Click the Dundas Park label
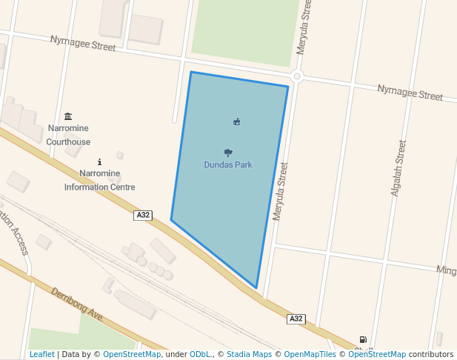coord(228,164)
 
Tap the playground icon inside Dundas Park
coord(236,121)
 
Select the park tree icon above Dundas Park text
coord(228,153)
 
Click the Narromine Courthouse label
coord(68,135)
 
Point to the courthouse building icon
coord(68,116)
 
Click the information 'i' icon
coord(99,161)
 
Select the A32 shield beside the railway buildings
coord(143,215)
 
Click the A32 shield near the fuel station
coord(296,319)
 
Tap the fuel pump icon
coord(363,339)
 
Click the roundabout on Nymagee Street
coord(297,76)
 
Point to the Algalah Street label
coord(397,168)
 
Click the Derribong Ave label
coord(76,304)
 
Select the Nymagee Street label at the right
coord(410,93)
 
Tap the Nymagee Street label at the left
coord(83,43)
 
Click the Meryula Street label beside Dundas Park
coord(280,192)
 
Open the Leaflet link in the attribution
coord(41,354)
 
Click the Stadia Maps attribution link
coord(249,354)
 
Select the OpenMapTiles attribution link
coord(310,354)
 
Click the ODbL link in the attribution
coord(200,354)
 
